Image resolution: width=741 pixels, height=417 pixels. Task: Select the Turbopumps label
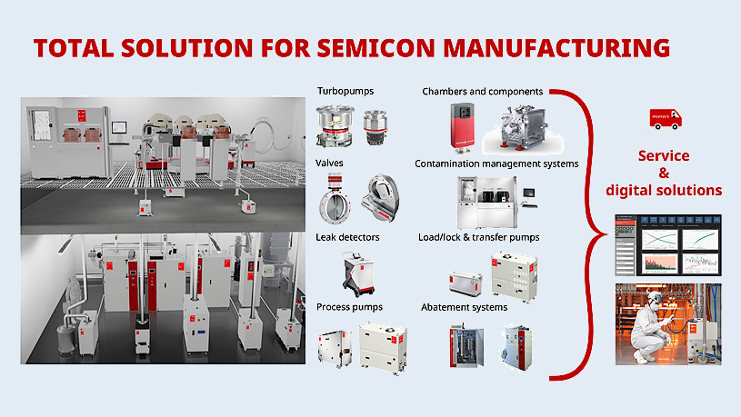345,92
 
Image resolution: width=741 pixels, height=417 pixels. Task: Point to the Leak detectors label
347,237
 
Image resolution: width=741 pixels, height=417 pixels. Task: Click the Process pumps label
349,307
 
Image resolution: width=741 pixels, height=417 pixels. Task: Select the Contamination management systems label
496,164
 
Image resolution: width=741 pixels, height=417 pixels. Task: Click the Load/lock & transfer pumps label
480,237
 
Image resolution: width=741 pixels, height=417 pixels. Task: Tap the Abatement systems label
464,307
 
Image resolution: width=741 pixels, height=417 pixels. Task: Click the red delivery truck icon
665,119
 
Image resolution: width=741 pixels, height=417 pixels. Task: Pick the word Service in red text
664,156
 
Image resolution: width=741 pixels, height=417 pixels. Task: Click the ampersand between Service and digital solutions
664,174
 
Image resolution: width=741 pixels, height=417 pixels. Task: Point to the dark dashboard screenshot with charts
667,243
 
